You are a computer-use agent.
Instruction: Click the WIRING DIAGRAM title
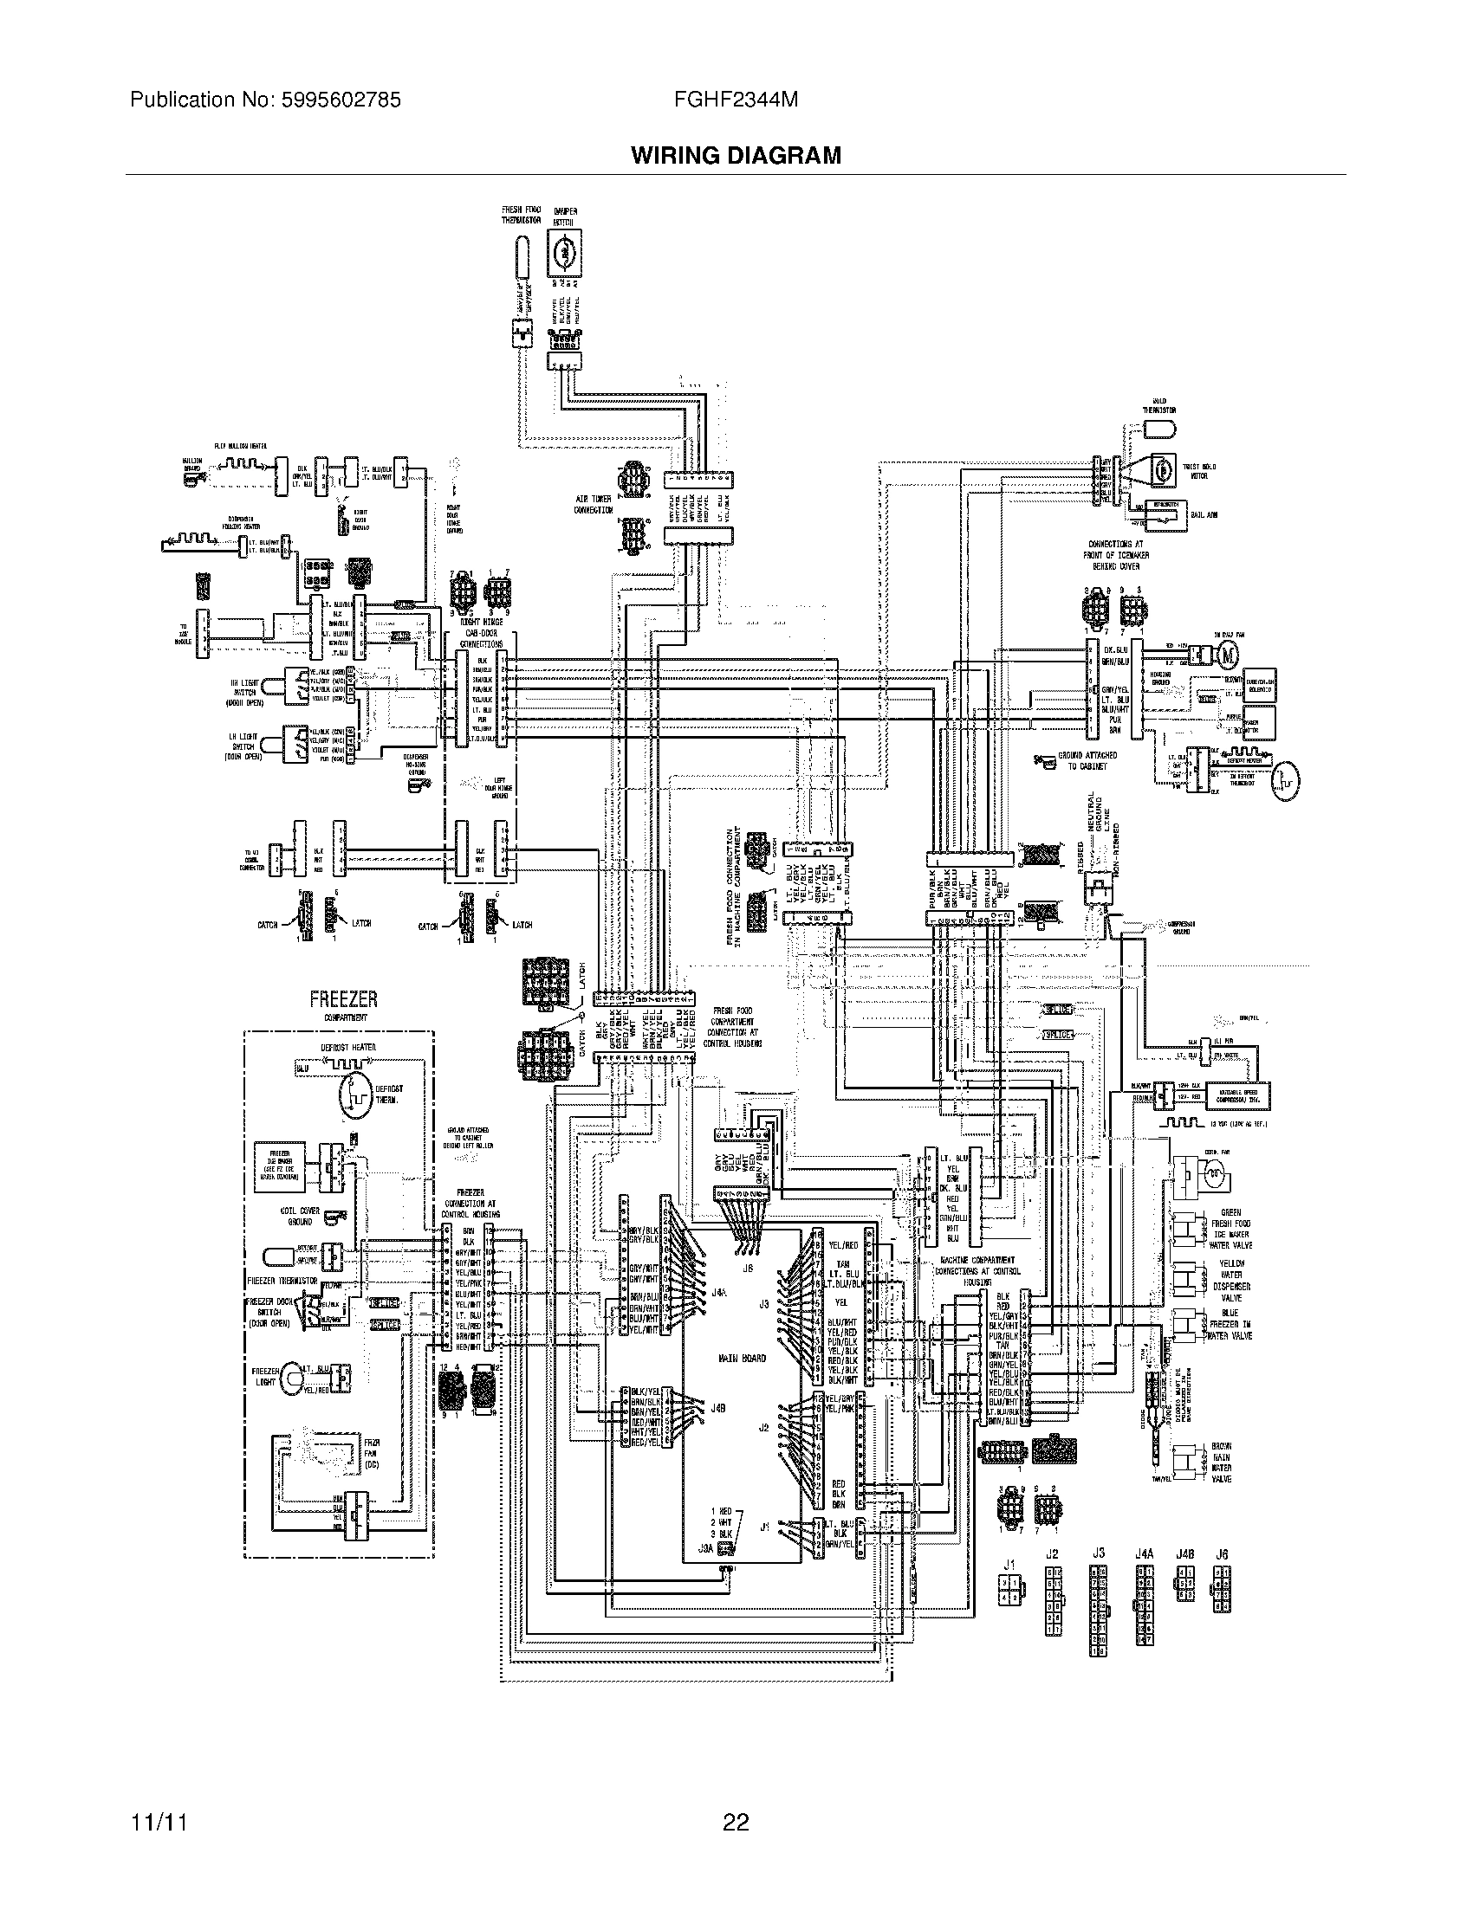[736, 156]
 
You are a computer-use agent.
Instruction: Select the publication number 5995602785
[341, 100]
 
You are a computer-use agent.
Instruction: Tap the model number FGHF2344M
[736, 100]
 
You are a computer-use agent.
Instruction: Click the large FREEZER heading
[343, 999]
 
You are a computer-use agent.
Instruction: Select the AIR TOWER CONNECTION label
[593, 505]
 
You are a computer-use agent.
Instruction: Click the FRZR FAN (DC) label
[372, 1455]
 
